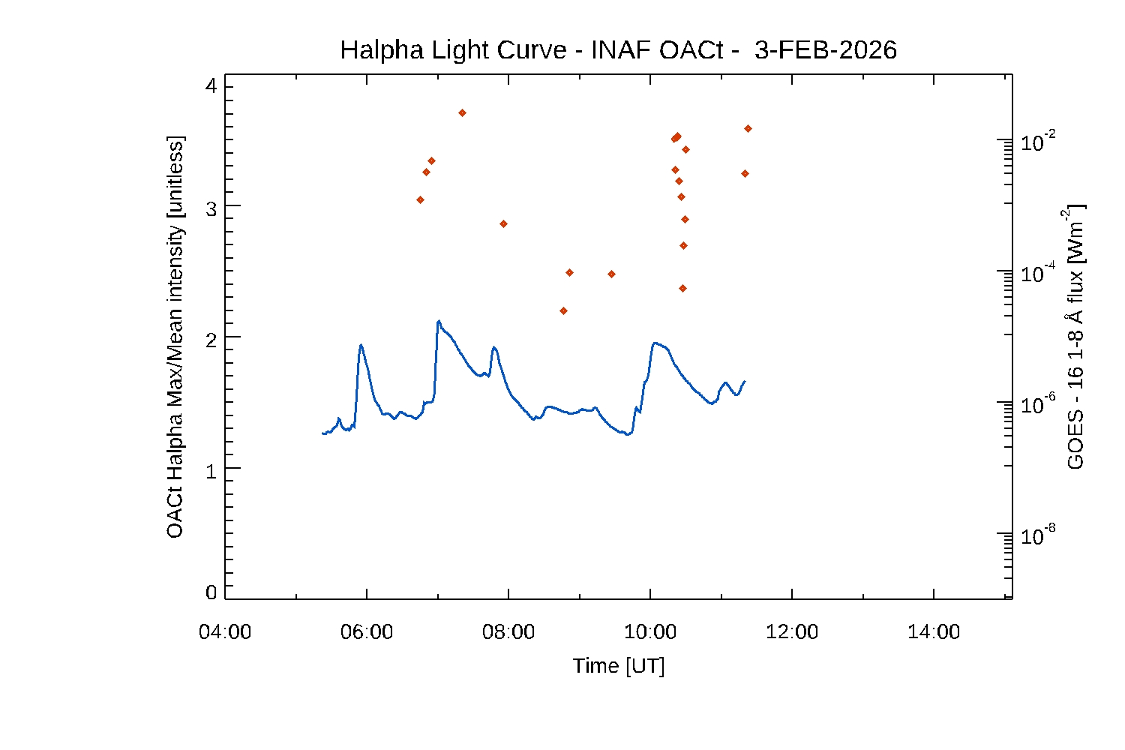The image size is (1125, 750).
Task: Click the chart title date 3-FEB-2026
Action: [x=825, y=50]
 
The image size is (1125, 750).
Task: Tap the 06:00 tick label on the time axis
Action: [x=367, y=632]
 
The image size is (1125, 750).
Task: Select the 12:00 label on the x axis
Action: [x=792, y=632]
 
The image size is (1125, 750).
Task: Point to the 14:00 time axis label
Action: [x=934, y=632]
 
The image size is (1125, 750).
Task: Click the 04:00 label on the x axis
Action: [x=225, y=632]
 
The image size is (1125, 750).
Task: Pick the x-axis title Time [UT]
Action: [x=619, y=666]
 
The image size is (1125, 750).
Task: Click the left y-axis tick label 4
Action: [x=211, y=86]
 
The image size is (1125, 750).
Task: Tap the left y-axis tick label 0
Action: [x=211, y=592]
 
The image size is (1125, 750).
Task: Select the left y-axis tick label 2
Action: [x=211, y=340]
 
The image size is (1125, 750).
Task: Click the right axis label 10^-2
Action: [x=1039, y=141]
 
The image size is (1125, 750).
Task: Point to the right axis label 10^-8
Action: [x=1039, y=535]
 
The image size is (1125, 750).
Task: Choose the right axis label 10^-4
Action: [x=1039, y=272]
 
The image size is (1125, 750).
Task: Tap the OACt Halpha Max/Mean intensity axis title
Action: [x=175, y=337]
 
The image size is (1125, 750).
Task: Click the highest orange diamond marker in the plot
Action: [x=462, y=112]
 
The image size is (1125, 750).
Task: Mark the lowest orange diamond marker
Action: [x=563, y=310]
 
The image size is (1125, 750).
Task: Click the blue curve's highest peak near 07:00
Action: [x=439, y=321]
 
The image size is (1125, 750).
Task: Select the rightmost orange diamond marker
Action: [x=748, y=128]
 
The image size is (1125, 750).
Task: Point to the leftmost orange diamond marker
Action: [x=420, y=199]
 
